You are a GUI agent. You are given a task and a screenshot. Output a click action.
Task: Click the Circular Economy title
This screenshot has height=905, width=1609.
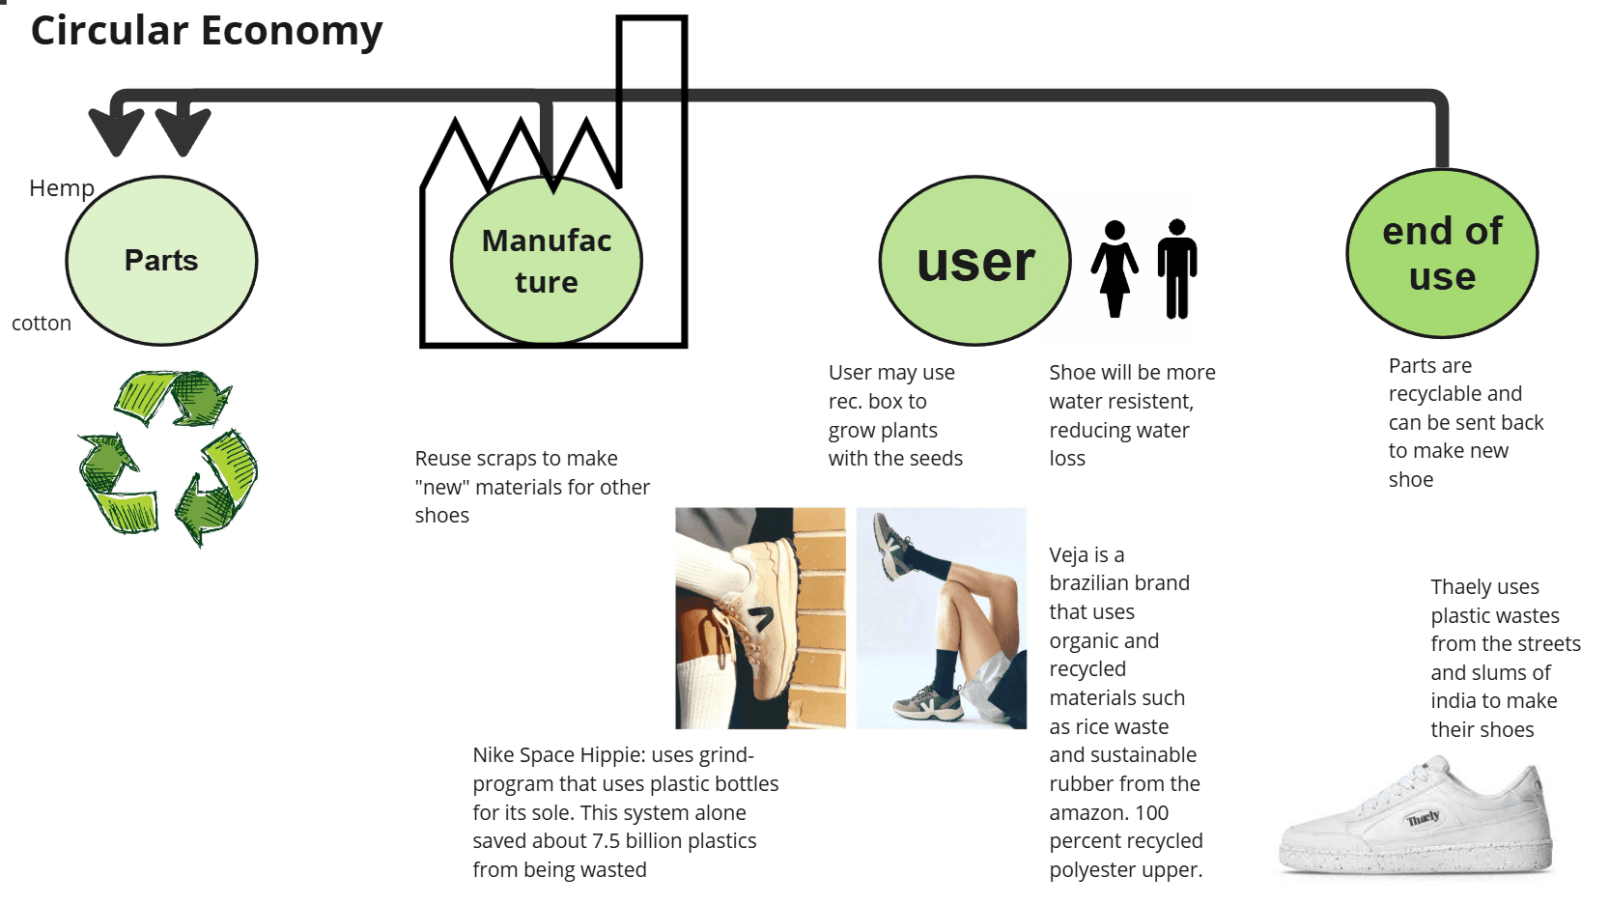[207, 31]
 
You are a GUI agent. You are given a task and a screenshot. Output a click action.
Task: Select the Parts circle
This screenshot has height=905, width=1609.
[161, 261]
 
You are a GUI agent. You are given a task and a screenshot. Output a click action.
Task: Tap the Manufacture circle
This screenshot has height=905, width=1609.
[547, 261]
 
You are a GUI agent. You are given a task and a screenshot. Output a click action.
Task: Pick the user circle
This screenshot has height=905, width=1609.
[975, 261]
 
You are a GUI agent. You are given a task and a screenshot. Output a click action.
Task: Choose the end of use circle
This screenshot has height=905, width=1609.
[1442, 253]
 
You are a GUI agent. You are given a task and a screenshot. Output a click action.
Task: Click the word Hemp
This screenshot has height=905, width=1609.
[62, 188]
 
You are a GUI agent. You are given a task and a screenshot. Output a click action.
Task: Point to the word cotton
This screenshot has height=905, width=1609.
[42, 324]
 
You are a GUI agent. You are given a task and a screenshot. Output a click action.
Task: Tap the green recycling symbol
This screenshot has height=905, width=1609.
[168, 456]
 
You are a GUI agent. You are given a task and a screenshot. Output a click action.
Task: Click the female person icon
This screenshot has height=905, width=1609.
[1115, 269]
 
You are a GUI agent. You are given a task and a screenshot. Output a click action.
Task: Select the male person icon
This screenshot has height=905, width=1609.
[1176, 269]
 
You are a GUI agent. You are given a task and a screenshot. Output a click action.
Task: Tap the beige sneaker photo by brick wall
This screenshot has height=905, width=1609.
[760, 618]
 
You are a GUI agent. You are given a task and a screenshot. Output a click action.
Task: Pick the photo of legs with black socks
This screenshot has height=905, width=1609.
[941, 618]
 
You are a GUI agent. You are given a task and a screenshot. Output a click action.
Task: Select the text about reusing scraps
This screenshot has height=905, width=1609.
[531, 487]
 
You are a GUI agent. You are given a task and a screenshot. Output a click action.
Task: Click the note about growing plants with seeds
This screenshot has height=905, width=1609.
[894, 415]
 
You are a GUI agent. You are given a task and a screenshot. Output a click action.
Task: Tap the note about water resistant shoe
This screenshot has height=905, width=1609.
[1131, 415]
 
